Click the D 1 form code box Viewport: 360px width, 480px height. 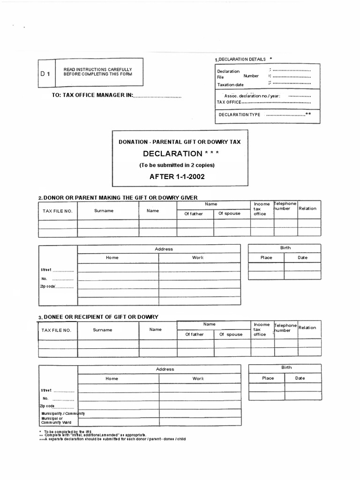[46, 74]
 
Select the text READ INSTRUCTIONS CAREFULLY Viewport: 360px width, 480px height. [97, 69]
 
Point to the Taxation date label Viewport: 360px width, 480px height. [230, 85]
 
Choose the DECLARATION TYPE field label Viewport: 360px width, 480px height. [240, 114]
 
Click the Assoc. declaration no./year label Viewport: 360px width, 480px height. [252, 96]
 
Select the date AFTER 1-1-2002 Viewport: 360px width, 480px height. [177, 177]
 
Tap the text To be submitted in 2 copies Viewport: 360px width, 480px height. [177, 165]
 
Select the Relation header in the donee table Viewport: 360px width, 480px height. [307, 328]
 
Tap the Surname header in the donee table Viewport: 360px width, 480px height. [103, 330]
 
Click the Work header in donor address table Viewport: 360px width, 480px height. [198, 257]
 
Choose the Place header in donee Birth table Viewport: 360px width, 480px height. [268, 378]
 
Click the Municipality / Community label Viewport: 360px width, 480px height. [62, 413]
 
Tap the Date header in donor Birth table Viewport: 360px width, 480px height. [303, 257]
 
